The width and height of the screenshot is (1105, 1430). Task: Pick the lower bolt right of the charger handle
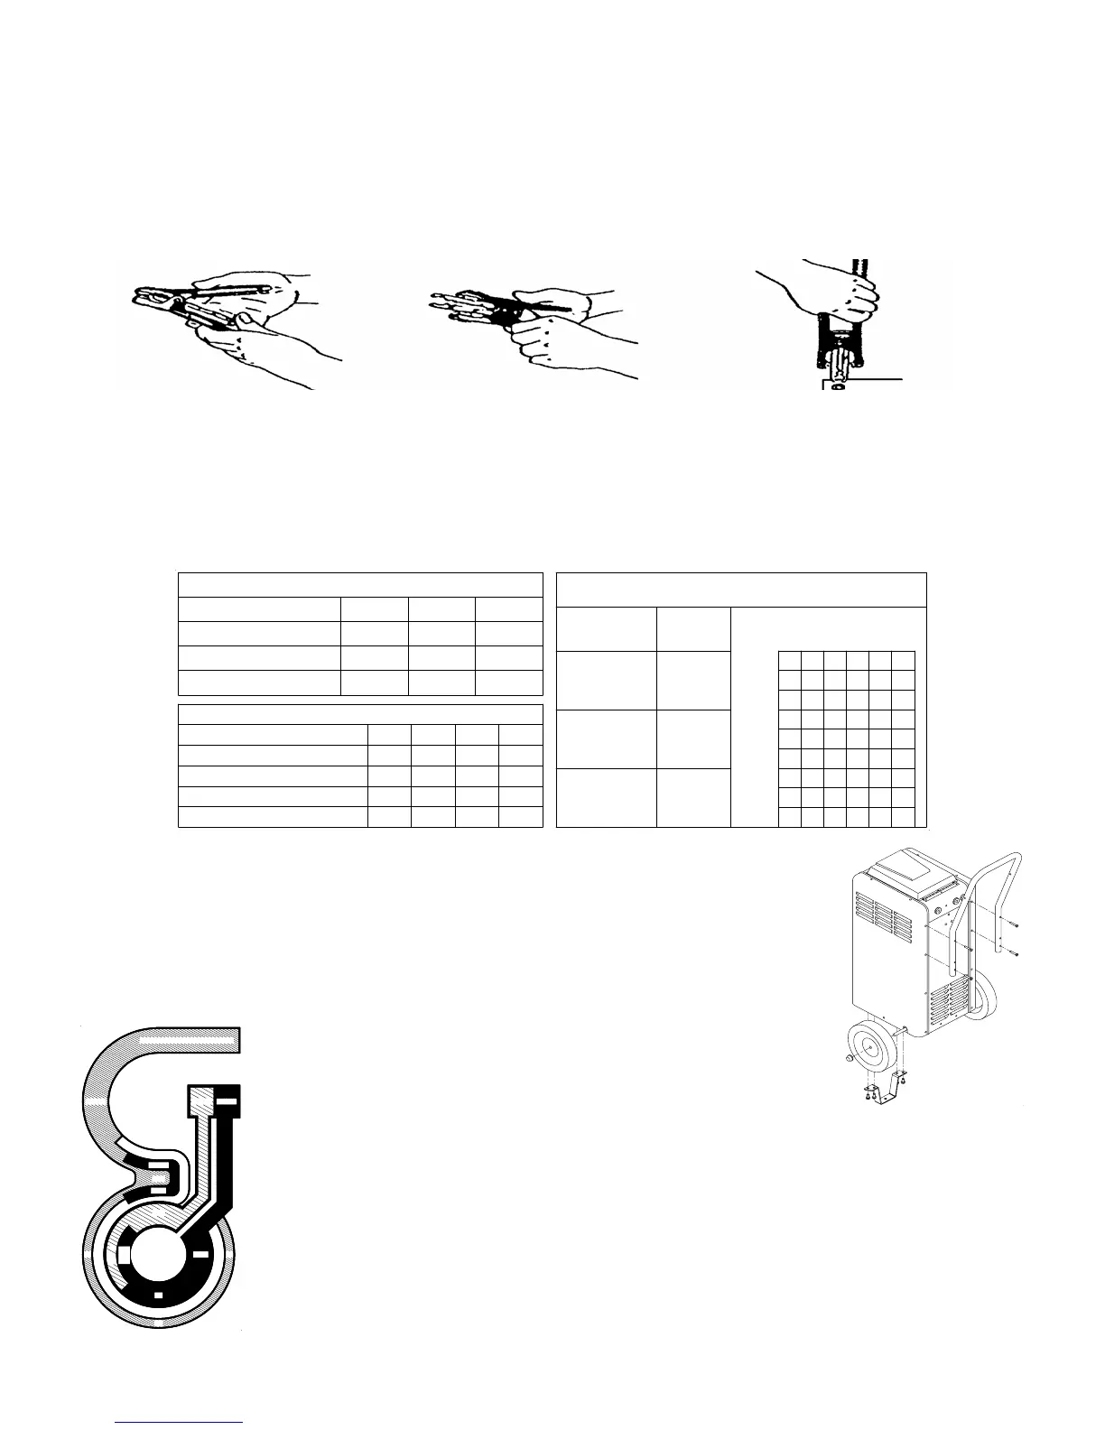click(x=1013, y=952)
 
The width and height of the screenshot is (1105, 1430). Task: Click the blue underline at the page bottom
click(x=180, y=1423)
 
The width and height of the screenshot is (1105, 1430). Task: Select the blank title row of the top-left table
click(x=360, y=584)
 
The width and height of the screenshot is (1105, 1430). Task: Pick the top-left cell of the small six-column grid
click(x=789, y=660)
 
